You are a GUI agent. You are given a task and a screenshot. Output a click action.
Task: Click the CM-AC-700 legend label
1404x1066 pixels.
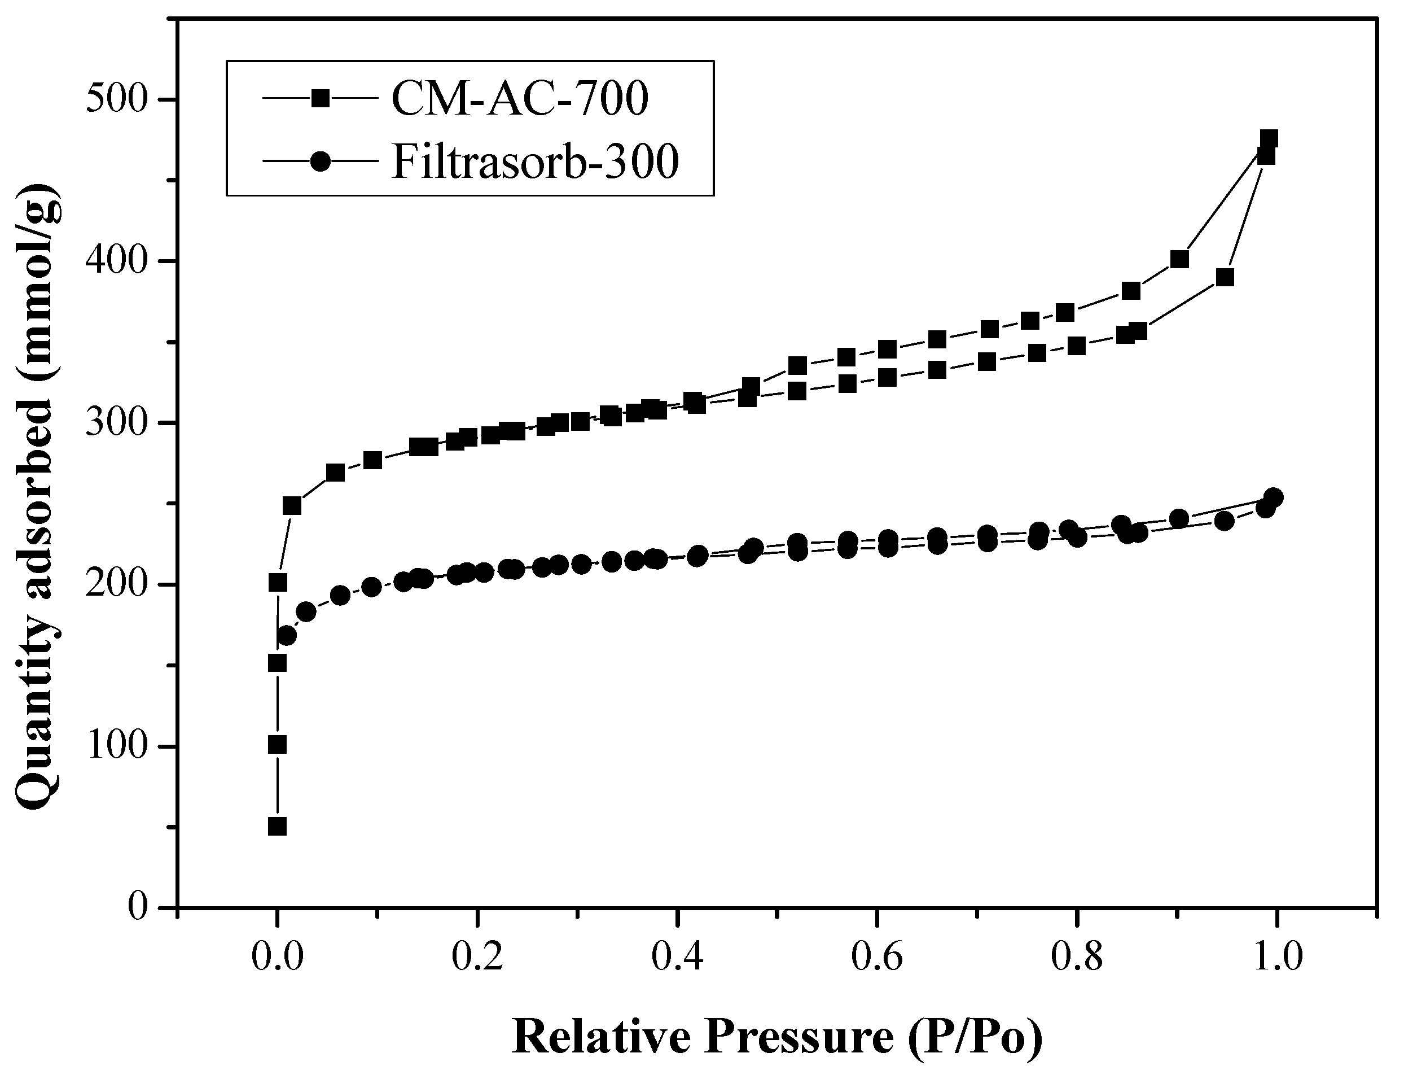519,99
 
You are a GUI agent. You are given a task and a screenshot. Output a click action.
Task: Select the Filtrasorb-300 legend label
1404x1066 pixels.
535,162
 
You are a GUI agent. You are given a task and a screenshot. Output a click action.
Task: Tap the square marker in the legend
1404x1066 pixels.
321,98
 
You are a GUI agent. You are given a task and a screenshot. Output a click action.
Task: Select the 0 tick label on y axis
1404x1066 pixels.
137,908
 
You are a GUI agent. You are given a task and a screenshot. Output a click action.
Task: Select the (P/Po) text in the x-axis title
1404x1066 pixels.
975,1038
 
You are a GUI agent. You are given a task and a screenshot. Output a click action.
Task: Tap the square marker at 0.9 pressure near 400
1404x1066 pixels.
1179,259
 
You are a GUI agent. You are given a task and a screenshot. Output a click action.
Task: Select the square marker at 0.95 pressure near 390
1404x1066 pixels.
1225,277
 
